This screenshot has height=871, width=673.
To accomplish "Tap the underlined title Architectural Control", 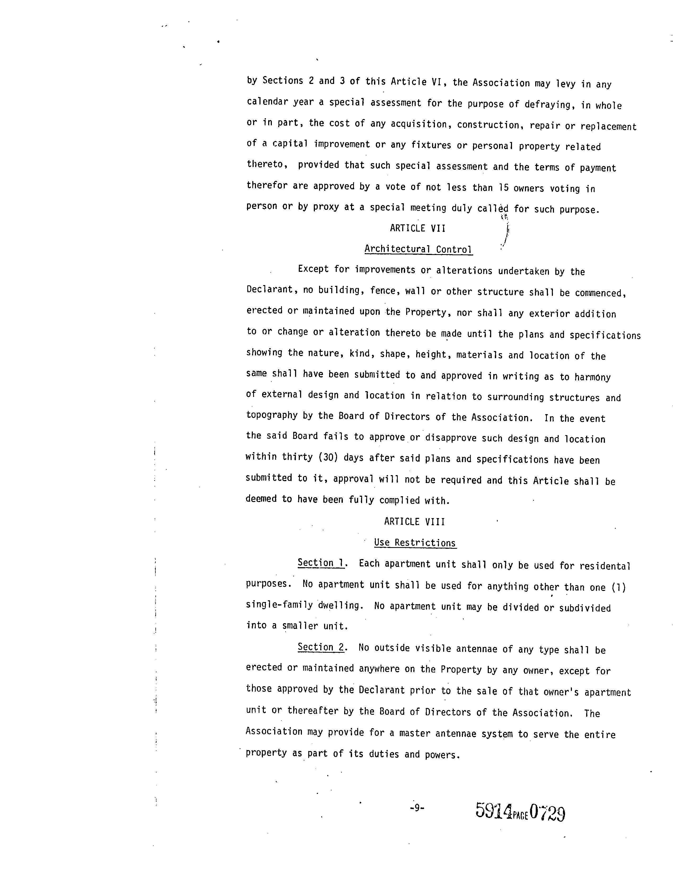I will click(418, 249).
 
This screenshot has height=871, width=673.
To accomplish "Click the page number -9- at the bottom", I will click(417, 808).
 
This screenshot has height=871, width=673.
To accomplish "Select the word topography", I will click(272, 415).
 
